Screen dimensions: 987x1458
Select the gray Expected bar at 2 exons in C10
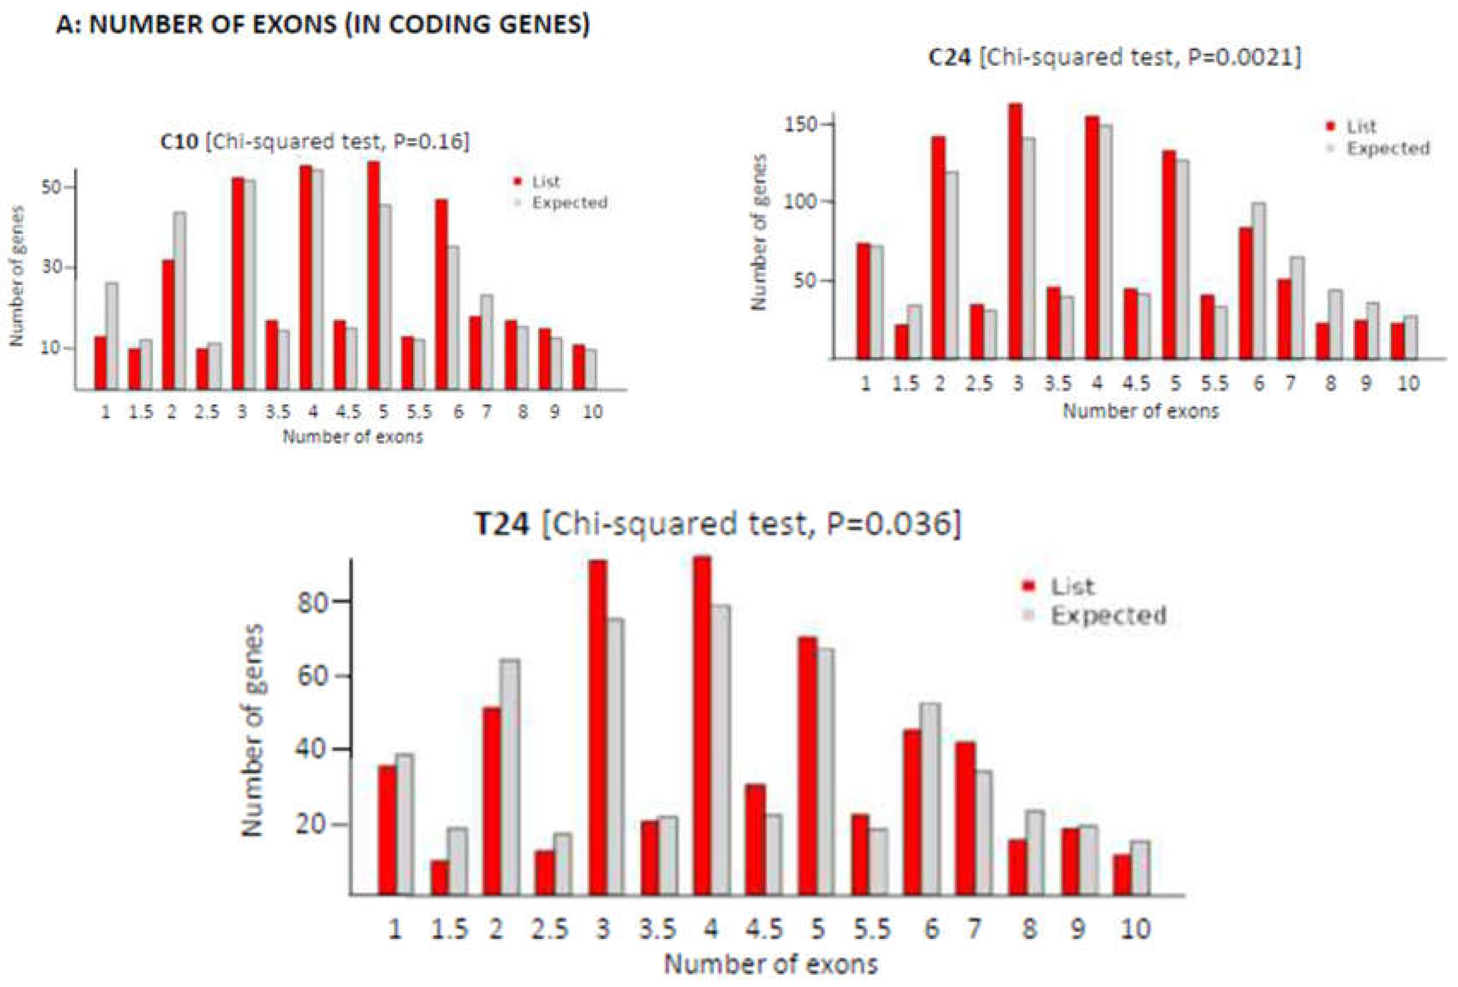[179, 301]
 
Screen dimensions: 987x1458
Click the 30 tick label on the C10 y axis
[51, 267]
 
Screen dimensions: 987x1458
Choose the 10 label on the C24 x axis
[1408, 383]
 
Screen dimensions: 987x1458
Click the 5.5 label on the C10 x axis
[419, 412]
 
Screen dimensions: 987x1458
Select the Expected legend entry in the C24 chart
[1388, 149]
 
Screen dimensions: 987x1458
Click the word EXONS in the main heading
[278, 24]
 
